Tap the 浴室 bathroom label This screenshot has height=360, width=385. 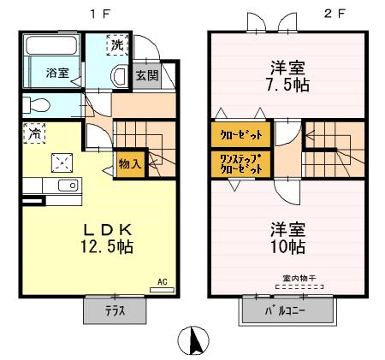coord(57,74)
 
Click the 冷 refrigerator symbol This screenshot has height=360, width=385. coord(34,133)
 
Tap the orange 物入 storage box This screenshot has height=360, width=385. coord(130,163)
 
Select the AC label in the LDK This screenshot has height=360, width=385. coord(161,281)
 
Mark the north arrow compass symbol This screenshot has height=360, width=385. coord(192,342)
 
